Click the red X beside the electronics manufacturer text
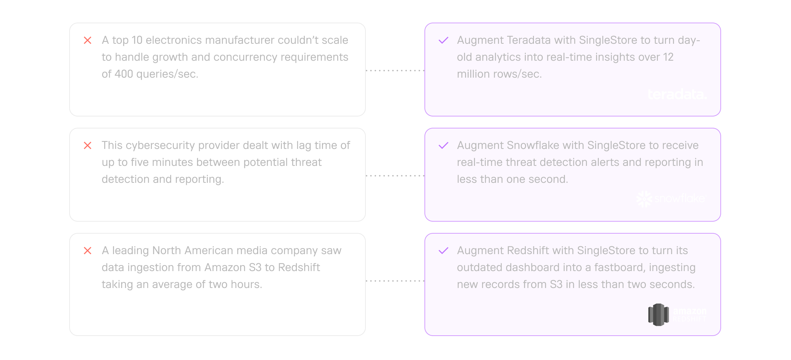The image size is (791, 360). coord(88,41)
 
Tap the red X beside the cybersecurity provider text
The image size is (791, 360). coord(88,145)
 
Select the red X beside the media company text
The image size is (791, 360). coord(88,251)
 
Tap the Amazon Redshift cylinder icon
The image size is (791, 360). coord(659,315)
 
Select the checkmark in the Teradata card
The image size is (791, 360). coord(444,40)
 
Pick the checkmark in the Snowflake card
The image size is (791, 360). coord(444,145)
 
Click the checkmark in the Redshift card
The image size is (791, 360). coord(444,251)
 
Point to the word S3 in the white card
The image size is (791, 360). coord(255,268)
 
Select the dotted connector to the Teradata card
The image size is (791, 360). coord(395,71)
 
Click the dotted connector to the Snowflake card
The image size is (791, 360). coord(395,175)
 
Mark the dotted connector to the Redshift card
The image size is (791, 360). coord(395,281)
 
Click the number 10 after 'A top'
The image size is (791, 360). coord(137,40)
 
